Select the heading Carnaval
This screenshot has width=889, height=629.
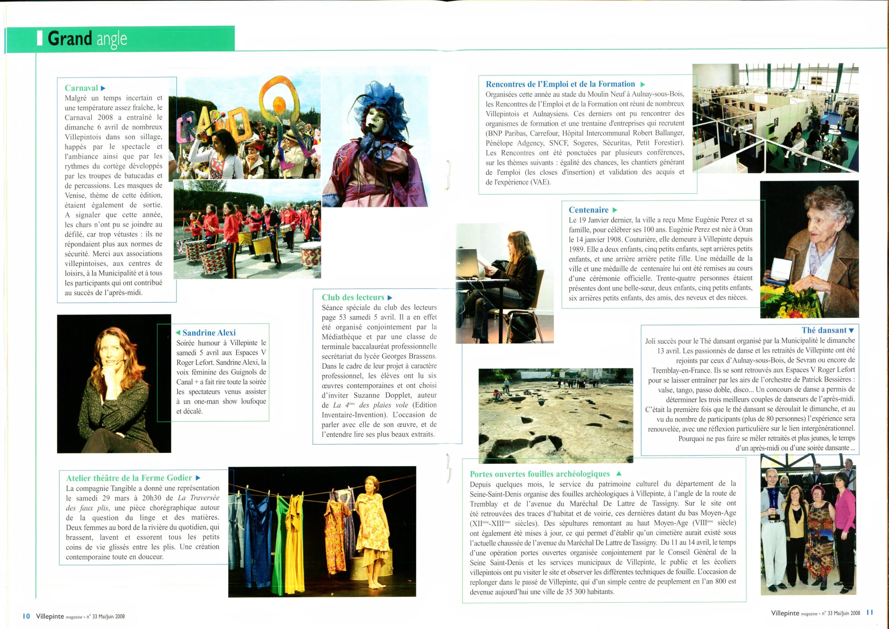pyautogui.click(x=81, y=88)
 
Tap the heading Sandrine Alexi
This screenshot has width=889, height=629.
pyautogui.click(x=209, y=333)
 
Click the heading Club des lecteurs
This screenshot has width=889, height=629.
pyautogui.click(x=353, y=297)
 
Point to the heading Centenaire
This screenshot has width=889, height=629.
pyautogui.click(x=589, y=210)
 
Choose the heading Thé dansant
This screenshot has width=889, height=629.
pyautogui.click(x=824, y=330)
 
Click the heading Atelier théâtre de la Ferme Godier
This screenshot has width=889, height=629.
pyautogui.click(x=129, y=478)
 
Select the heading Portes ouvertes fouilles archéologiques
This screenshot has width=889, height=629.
pyautogui.click(x=540, y=474)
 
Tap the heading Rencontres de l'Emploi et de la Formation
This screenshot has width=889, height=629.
pyautogui.click(x=560, y=84)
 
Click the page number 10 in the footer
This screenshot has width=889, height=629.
pyautogui.click(x=26, y=616)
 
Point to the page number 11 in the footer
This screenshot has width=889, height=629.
pyautogui.click(x=870, y=612)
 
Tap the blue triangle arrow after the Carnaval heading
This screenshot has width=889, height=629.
pyautogui.click(x=103, y=88)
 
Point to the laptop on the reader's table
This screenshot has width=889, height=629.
pyautogui.click(x=468, y=263)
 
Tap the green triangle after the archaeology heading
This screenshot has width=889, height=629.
pyautogui.click(x=618, y=474)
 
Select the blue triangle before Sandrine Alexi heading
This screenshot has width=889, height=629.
pyautogui.click(x=178, y=333)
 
